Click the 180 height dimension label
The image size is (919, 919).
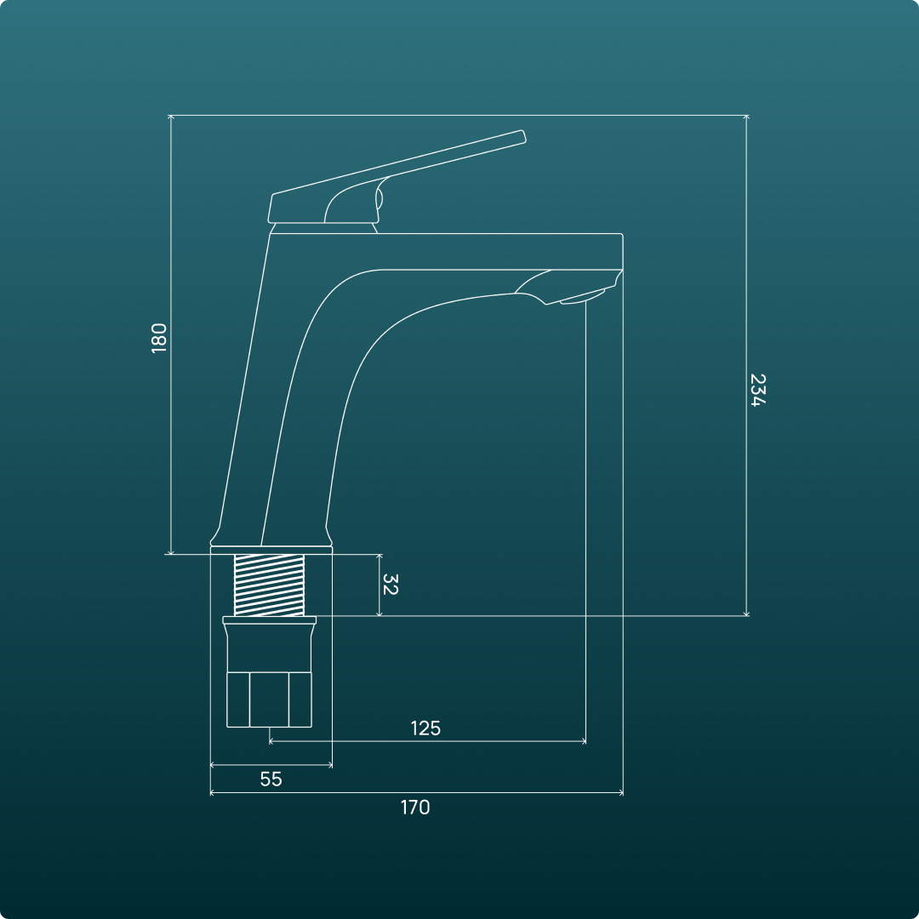coord(159,338)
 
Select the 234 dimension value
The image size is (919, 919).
coord(758,391)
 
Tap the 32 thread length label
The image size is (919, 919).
coord(390,585)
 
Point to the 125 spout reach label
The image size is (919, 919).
coord(425,728)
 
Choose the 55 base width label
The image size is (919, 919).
coord(271,779)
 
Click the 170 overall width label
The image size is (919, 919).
coord(415,807)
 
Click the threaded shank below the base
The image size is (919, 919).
coord(269,585)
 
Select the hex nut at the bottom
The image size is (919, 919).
coord(269,699)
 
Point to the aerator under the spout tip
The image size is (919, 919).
coord(582,298)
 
